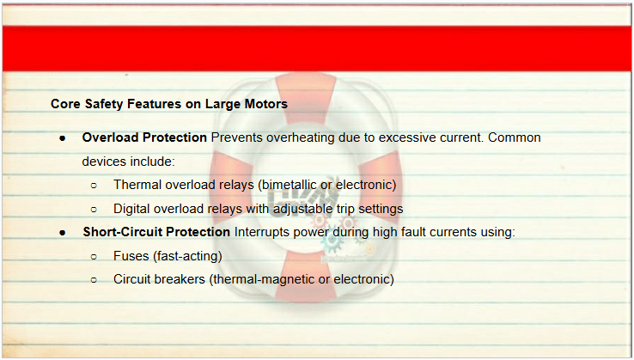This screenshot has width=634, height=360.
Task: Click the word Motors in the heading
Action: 266,104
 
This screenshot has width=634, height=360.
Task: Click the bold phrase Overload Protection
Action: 144,137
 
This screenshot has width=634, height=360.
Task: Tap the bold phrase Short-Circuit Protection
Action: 156,232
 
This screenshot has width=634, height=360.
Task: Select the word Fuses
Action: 131,256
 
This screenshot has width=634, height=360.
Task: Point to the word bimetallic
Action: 287,185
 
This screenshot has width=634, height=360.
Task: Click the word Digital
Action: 131,209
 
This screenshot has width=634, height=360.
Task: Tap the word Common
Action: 515,137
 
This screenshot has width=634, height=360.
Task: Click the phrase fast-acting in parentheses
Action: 187,256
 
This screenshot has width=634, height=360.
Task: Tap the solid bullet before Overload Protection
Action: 62,138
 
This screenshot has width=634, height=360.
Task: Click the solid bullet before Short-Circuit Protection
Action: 62,233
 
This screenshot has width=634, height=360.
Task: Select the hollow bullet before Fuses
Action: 94,256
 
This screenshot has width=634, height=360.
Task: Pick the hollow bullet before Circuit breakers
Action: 94,280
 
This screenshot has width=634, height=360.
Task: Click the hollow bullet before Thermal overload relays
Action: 94,186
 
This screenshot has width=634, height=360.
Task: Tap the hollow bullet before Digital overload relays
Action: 94,210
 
